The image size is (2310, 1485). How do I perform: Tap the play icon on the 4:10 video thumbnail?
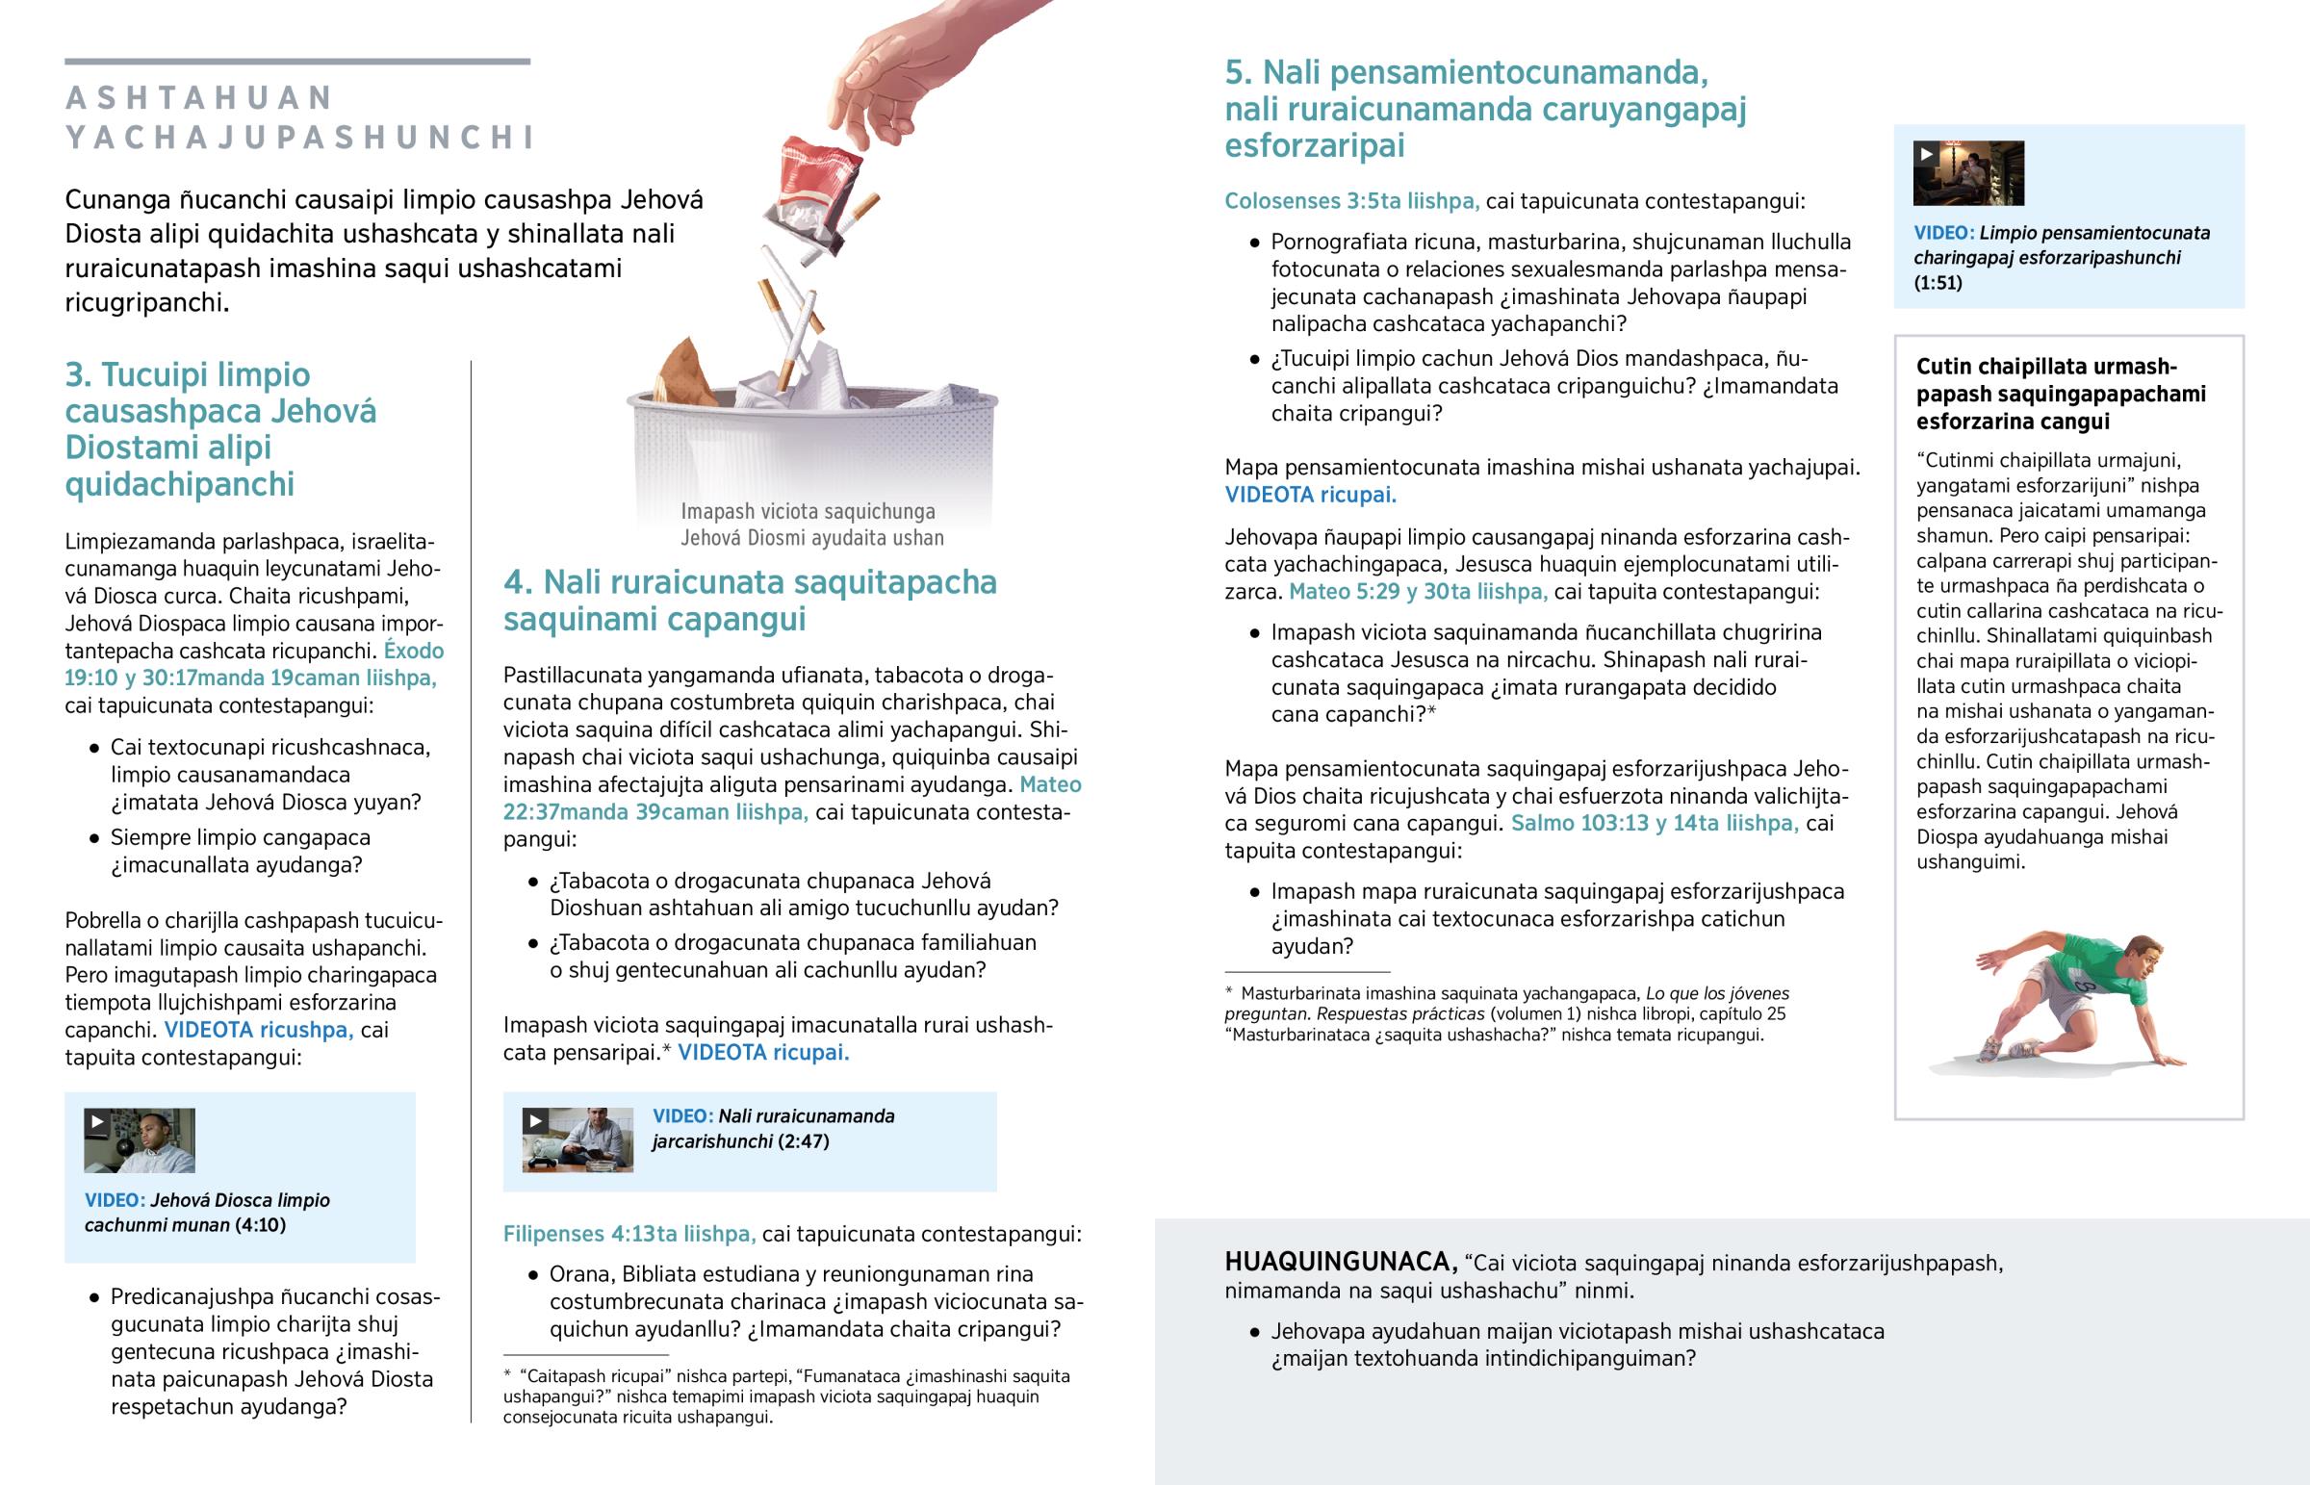(x=96, y=1121)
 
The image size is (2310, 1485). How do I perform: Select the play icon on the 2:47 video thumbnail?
(x=535, y=1120)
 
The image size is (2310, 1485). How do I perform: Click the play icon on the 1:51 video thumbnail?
(x=1926, y=153)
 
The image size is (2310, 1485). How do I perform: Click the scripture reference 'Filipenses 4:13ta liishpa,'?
(x=629, y=1234)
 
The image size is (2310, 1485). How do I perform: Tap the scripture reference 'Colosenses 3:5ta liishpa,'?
(x=1350, y=201)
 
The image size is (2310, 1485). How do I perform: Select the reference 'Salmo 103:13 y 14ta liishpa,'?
(x=1654, y=824)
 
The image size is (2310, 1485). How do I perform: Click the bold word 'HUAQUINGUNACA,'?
(x=1340, y=1263)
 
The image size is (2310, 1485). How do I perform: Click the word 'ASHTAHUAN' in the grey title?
(x=199, y=98)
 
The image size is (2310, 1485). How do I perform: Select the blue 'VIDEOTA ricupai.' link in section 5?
(x=1310, y=496)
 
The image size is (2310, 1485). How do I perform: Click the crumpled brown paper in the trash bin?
(x=688, y=373)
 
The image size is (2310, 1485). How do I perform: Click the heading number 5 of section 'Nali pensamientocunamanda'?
(x=1237, y=73)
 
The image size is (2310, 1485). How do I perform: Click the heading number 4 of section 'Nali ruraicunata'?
(x=517, y=582)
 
